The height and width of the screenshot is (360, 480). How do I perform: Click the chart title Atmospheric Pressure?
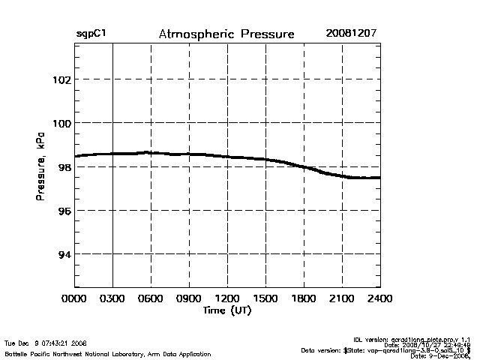(226, 34)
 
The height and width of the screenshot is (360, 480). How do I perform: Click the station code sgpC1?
(91, 34)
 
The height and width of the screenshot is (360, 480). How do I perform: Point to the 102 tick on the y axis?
(61, 79)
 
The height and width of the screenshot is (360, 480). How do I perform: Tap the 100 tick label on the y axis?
(61, 123)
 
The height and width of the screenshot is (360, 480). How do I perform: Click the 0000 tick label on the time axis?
(74, 299)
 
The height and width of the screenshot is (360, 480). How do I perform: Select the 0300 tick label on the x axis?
(112, 299)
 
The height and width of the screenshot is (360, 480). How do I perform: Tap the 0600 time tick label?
(151, 299)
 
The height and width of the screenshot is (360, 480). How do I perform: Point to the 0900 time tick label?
(189, 299)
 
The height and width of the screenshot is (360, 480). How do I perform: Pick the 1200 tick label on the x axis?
(227, 299)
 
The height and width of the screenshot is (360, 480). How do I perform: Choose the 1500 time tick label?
(265, 299)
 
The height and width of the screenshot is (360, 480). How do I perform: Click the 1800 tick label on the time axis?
(304, 299)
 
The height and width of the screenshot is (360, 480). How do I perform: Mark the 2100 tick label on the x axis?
(342, 299)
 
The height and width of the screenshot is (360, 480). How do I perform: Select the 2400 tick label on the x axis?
(380, 299)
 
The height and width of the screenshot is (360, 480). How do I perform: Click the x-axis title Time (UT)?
(226, 310)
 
